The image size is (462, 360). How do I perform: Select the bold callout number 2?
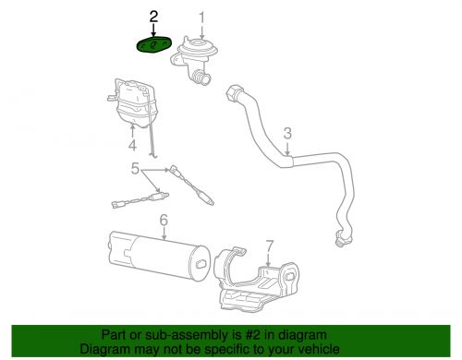point(153,16)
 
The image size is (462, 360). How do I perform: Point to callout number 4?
point(132,145)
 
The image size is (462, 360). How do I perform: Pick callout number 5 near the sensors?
point(135,170)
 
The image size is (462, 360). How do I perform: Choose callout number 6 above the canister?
point(163,221)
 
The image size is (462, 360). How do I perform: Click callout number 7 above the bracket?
point(270,246)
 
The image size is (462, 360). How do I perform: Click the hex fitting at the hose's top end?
point(231,93)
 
